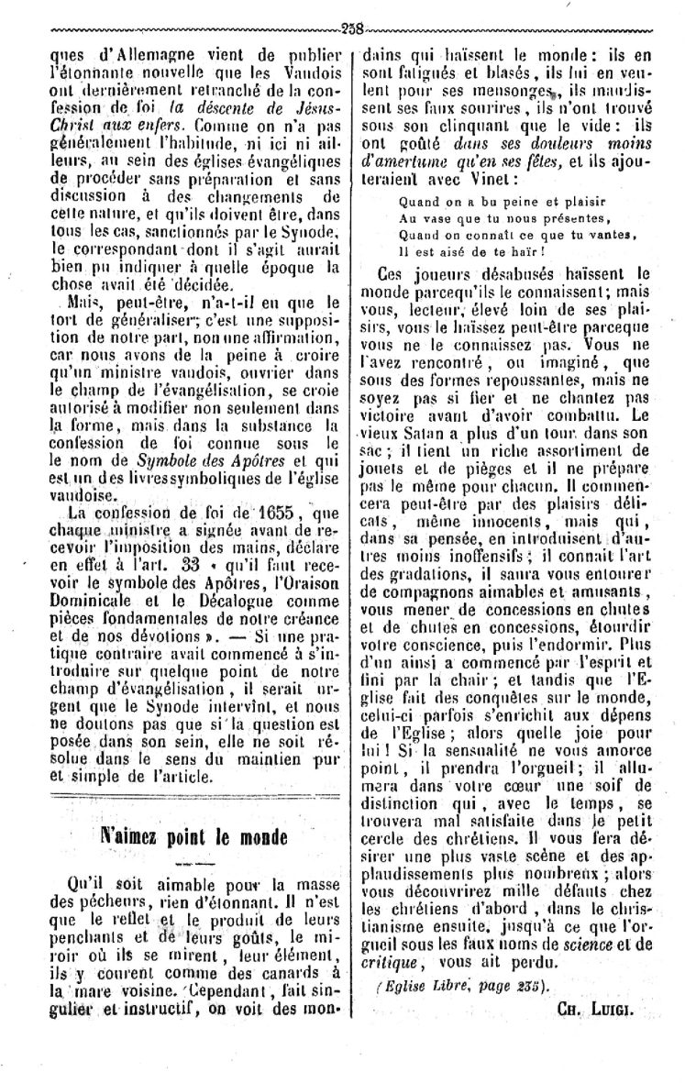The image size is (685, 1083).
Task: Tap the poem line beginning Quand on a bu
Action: tap(479, 202)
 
